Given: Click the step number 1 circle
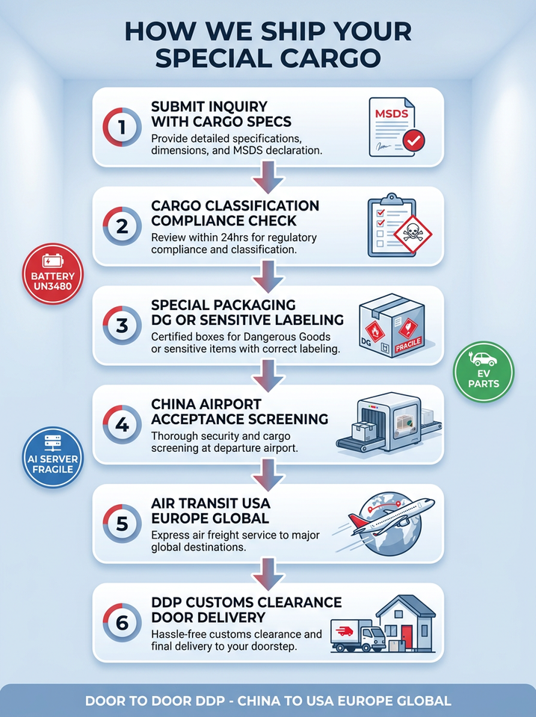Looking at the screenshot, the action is (x=122, y=127).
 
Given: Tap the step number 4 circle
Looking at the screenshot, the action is (x=122, y=425).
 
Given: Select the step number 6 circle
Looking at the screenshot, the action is (x=122, y=623).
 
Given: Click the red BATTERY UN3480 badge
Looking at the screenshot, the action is (x=53, y=274).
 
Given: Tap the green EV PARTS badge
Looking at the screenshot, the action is (x=484, y=372).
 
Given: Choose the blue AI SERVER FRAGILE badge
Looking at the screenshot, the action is (x=53, y=457).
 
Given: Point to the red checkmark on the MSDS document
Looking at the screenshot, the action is (x=413, y=141).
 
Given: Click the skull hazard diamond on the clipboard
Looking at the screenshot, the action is (x=413, y=234).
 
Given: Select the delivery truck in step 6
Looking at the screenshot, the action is (x=358, y=636).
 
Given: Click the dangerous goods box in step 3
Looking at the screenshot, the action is (x=392, y=325).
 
